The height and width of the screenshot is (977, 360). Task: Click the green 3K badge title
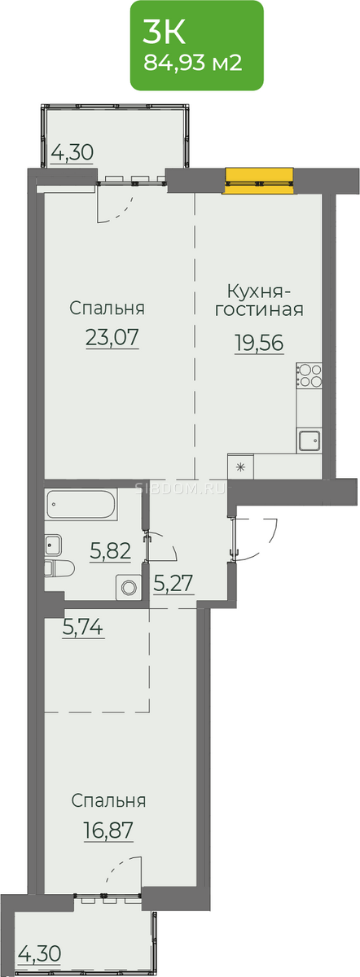(x=164, y=32)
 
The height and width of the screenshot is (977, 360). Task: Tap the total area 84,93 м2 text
(x=193, y=64)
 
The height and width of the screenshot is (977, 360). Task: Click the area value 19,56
(x=259, y=343)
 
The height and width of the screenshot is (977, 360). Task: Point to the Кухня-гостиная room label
(x=259, y=300)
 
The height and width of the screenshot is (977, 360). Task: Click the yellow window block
(x=259, y=180)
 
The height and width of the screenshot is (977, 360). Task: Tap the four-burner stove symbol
(x=310, y=375)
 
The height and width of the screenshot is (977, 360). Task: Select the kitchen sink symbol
(x=310, y=441)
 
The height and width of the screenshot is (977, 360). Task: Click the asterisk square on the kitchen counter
(x=241, y=467)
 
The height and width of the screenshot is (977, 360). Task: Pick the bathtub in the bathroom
(x=81, y=505)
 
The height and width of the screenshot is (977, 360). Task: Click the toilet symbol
(x=59, y=569)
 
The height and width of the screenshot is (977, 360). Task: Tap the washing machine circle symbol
(x=129, y=588)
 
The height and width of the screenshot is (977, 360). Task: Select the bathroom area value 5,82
(x=111, y=551)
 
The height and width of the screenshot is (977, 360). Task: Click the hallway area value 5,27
(x=173, y=583)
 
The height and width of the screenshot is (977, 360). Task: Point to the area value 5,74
(x=83, y=627)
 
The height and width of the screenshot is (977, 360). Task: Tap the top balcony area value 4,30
(x=72, y=153)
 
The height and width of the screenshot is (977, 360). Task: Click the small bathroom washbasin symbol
(x=54, y=545)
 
